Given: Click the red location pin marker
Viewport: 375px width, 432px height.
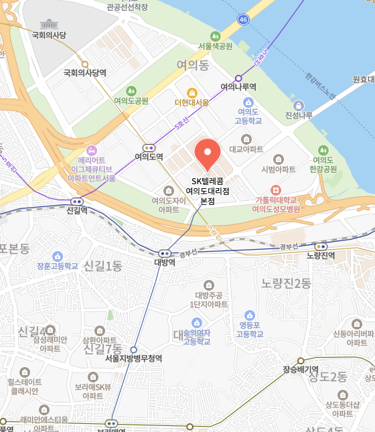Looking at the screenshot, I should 207,153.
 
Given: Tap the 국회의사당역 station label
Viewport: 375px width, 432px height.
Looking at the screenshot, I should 85,73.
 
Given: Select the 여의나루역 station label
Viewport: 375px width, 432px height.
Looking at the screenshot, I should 238,87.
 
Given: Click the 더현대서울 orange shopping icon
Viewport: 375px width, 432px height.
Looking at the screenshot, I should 192,92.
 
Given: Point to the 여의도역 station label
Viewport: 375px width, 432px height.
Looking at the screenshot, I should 149,157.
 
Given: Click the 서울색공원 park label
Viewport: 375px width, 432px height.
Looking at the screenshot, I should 215,46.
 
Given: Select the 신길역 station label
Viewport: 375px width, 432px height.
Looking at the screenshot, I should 78,210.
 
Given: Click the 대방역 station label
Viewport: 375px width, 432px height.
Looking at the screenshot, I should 165,263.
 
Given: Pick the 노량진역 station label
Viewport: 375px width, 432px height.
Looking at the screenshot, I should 320,255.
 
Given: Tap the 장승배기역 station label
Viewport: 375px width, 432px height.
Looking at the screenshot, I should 300,369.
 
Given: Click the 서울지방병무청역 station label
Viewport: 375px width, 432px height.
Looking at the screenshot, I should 133,358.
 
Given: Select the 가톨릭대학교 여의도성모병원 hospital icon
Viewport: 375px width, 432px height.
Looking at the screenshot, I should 275,190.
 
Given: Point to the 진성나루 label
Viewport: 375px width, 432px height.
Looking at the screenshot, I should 299,115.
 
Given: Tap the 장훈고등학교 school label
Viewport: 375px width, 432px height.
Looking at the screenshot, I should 58,266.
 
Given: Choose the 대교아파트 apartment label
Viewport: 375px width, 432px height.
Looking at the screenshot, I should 246,149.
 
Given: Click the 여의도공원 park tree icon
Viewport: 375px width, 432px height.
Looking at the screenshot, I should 131,90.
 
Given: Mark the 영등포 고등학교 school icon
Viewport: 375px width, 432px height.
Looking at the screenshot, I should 250,315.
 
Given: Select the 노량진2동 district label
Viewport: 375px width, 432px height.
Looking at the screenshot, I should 287,283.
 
